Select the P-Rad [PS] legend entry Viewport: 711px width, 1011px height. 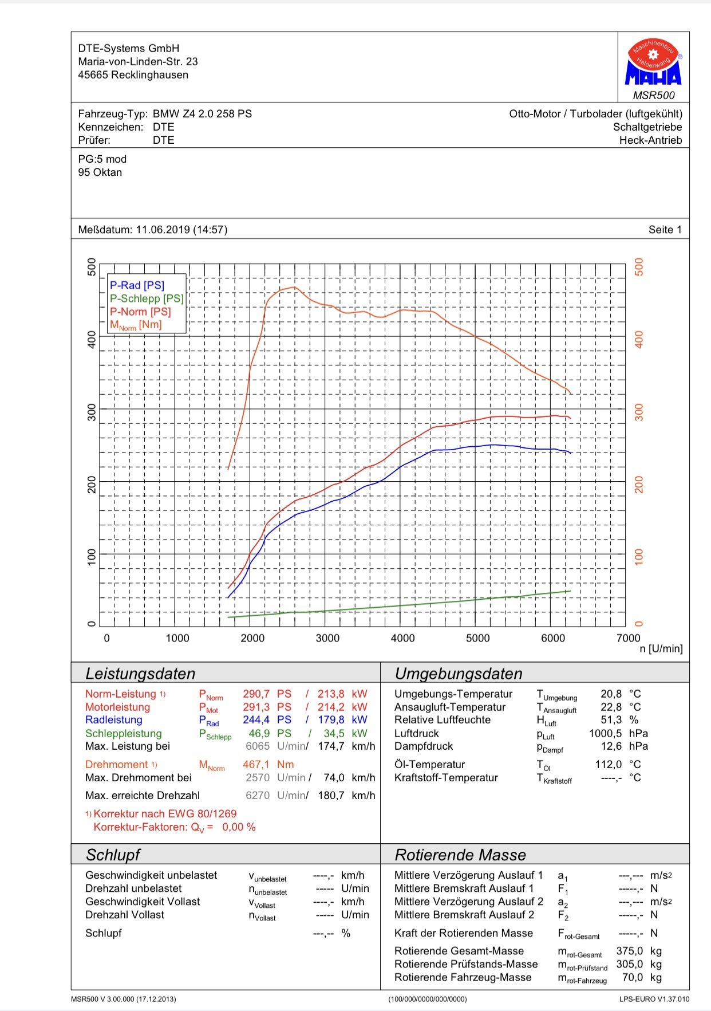137,285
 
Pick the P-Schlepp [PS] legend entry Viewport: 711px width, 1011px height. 147,298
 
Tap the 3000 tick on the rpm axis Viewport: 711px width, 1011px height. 327,638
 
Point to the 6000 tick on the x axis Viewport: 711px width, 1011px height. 553,638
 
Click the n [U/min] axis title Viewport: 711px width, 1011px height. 661,649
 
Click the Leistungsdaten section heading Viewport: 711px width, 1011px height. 140,674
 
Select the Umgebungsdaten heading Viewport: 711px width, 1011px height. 459,674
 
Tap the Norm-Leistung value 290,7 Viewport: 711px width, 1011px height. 256,694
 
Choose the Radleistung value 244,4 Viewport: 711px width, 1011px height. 256,720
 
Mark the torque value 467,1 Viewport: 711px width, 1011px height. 256,765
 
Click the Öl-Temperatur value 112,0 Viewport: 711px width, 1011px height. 608,765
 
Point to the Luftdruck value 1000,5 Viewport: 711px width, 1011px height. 605,733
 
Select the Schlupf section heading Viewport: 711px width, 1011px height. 113,855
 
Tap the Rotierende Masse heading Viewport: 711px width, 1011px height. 460,855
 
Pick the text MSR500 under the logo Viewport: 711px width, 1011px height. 654,95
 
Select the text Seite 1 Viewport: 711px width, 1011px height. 665,230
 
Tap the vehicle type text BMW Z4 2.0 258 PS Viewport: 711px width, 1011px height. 202,114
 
